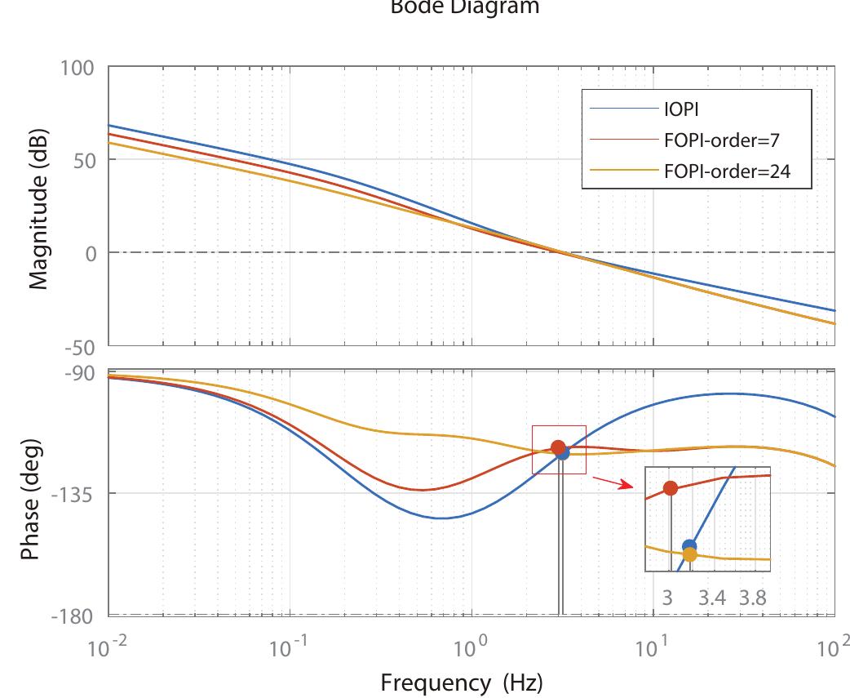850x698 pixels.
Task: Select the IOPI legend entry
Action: (x=683, y=109)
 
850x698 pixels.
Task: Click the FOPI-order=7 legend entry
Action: (x=722, y=140)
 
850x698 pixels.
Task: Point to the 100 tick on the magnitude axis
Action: (x=77, y=67)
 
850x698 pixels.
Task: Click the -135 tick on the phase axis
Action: (x=75, y=494)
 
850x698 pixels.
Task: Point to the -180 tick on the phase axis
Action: (x=75, y=615)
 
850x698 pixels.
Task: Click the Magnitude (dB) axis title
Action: (x=38, y=209)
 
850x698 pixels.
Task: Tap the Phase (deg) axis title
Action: (x=30, y=494)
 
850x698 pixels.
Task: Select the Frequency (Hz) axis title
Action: (x=461, y=681)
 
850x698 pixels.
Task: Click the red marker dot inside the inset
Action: (x=671, y=488)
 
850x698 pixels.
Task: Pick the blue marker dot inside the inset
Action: (x=689, y=546)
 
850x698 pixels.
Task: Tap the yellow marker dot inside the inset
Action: (x=690, y=555)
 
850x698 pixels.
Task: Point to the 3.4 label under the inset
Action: (x=712, y=597)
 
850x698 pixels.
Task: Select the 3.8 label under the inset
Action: (x=753, y=597)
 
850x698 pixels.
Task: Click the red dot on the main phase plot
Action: (x=558, y=447)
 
